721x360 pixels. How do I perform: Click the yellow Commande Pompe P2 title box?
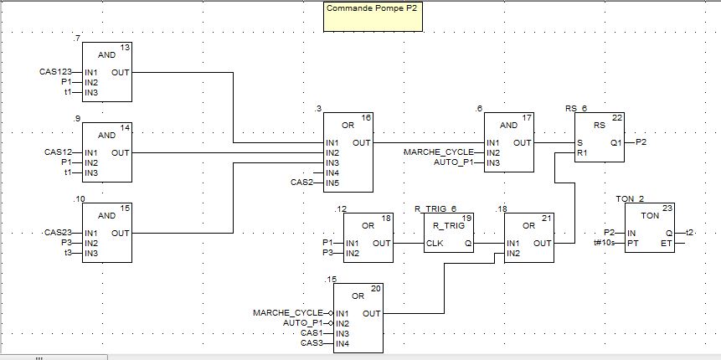point(373,17)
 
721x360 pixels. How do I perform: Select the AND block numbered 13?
point(106,73)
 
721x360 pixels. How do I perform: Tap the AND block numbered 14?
point(106,153)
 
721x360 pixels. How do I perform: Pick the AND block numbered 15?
point(106,233)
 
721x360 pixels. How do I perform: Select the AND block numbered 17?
point(508,142)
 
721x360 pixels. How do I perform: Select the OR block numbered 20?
point(358,318)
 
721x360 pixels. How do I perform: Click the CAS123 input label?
point(55,72)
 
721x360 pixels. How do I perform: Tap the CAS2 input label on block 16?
point(301,181)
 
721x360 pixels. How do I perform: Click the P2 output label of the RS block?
point(641,142)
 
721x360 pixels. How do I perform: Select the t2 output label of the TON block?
point(689,233)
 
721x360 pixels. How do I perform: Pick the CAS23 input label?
point(58,233)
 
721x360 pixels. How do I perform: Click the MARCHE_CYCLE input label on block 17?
point(438,152)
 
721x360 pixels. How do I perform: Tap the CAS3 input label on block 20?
point(311,342)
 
